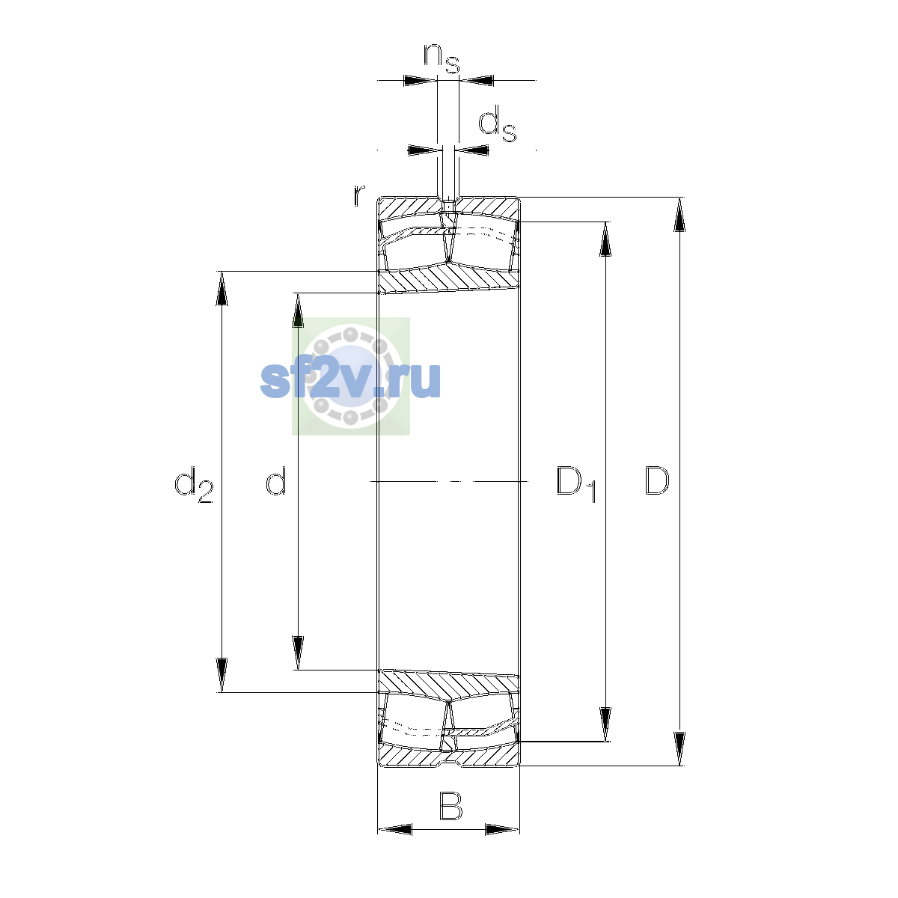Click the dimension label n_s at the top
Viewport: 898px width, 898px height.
(442, 58)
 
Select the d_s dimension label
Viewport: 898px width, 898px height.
(498, 123)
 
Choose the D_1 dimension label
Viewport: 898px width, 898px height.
(576, 484)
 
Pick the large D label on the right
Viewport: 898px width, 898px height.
(657, 480)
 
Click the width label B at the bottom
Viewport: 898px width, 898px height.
(451, 806)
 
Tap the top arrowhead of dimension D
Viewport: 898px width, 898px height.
(680, 214)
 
